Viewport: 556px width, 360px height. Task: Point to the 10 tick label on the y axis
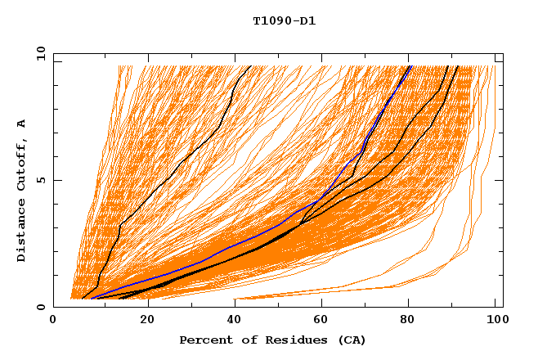pos(41,53)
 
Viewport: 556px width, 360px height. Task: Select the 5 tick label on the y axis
pos(44,180)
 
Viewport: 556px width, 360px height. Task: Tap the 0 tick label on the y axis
pos(44,307)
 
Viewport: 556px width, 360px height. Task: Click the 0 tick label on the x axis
pos(53,321)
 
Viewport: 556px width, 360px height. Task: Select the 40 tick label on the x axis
pos(236,321)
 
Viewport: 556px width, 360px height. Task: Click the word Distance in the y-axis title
pos(22,234)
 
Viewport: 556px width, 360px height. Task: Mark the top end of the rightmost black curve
pos(457,67)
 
